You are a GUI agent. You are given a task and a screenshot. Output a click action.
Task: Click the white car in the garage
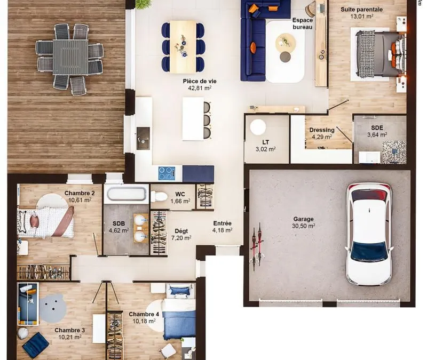(369, 234)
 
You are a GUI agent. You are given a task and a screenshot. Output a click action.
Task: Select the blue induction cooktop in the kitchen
(167, 173)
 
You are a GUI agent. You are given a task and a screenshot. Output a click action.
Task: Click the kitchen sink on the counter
(143, 138)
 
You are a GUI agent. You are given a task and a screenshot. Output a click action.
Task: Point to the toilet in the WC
(159, 196)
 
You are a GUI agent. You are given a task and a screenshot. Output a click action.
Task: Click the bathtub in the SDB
(126, 194)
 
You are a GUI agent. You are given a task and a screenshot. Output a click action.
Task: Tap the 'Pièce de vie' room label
(200, 81)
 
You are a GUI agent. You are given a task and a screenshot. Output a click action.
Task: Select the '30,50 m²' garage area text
(304, 226)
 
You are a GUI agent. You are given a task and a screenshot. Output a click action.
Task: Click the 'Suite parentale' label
(362, 10)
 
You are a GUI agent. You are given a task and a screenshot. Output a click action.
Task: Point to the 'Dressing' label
(322, 130)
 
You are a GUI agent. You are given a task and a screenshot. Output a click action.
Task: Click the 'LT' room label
(266, 142)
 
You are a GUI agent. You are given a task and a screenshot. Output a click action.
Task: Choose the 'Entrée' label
(223, 223)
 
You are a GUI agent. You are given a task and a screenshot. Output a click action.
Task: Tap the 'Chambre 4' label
(144, 314)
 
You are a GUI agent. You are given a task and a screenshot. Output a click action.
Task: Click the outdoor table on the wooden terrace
(70, 57)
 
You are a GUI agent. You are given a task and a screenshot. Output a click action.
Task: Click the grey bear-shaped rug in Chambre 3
(53, 308)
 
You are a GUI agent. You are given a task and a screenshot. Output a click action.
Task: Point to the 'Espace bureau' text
(303, 23)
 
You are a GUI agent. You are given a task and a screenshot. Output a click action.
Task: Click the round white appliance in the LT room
(258, 127)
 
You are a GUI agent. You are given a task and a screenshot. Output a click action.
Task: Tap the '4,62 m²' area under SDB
(118, 230)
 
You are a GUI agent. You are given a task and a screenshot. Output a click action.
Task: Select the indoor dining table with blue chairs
(183, 47)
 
